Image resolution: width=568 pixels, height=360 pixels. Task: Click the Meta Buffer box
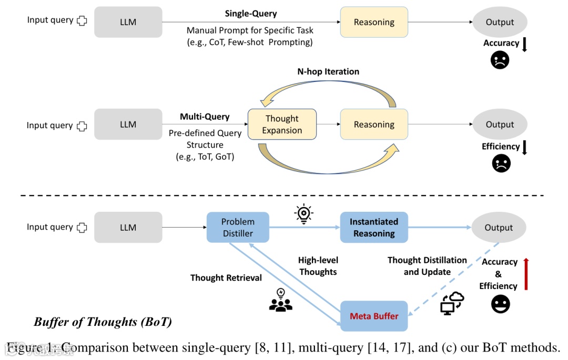tap(374, 316)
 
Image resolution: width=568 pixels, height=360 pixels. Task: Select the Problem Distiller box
tap(238, 228)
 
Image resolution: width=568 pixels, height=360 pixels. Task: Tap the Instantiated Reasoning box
tap(374, 228)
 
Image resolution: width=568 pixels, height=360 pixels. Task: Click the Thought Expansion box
tap(282, 125)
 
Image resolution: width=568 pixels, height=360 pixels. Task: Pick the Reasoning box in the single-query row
tap(374, 22)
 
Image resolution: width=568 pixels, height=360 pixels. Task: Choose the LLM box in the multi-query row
tap(128, 125)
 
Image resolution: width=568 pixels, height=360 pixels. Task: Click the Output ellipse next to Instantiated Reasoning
tap(498, 228)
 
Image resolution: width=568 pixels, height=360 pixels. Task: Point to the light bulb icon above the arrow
tap(303, 213)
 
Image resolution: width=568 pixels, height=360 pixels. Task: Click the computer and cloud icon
tap(452, 303)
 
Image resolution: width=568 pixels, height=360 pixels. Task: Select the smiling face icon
tap(500, 304)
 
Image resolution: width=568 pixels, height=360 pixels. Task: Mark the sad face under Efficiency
tap(501, 163)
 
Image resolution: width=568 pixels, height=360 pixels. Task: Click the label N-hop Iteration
tap(328, 71)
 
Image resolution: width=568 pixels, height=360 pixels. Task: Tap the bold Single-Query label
tap(251, 14)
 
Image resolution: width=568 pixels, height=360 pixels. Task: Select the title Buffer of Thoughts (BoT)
tap(103, 322)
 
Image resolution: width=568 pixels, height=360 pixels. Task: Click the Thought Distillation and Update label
tap(427, 266)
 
